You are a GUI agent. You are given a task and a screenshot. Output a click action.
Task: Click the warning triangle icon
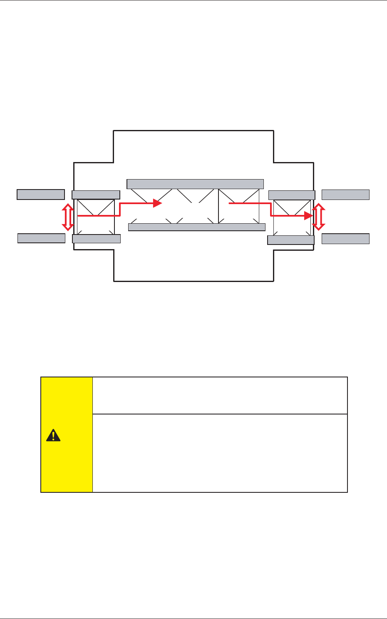pos(53,435)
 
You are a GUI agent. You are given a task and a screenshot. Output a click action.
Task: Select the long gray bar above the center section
pos(195,184)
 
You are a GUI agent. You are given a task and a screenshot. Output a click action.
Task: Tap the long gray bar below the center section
pos(196,227)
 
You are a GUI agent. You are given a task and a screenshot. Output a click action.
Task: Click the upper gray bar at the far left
pos(41,195)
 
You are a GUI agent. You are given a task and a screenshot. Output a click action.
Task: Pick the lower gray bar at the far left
pos(41,238)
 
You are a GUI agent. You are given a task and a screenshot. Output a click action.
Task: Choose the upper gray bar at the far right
pos(345,195)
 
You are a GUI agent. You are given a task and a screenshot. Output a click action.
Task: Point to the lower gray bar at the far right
pos(345,239)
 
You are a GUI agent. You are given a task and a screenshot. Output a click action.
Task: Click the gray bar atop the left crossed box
pos(96,195)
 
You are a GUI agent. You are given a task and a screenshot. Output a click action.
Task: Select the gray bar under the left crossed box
pos(96,239)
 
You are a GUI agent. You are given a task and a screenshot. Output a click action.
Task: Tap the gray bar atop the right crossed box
pos(292,195)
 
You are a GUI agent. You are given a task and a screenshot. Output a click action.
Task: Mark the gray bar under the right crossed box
pos(290,240)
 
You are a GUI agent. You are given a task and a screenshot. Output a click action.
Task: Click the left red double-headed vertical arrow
pos(67,217)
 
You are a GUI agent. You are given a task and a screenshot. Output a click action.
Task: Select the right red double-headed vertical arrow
pos(319,217)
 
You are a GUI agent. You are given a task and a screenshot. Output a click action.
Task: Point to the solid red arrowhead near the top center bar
pos(157,203)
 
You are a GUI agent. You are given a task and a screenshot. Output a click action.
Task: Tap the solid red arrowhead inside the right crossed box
pos(308,215)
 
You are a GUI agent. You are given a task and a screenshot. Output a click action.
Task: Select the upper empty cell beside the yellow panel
pos(220,395)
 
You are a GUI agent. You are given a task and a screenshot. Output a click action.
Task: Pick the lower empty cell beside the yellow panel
pos(220,453)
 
